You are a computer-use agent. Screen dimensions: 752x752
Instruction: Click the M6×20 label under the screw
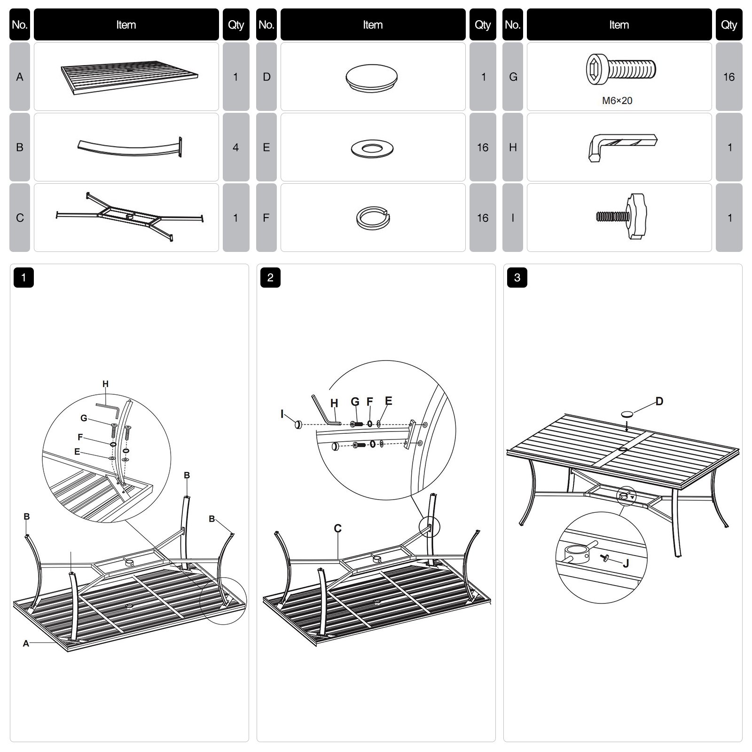click(617, 101)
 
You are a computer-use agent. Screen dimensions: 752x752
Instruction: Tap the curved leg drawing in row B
click(129, 147)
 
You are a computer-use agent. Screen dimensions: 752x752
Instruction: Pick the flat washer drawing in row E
click(372, 149)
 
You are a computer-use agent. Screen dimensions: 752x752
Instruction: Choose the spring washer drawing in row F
click(372, 218)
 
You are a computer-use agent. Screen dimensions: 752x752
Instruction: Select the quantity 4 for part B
click(235, 147)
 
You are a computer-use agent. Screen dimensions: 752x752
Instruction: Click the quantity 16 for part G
click(728, 77)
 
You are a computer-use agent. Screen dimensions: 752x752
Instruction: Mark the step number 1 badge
click(23, 278)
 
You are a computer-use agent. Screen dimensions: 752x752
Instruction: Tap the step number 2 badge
click(270, 278)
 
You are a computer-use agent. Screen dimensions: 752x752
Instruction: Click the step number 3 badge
click(517, 278)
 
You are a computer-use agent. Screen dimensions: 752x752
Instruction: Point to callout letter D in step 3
click(659, 401)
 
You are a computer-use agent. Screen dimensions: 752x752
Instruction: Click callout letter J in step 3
click(626, 564)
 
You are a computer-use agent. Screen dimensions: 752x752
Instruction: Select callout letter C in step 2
click(337, 529)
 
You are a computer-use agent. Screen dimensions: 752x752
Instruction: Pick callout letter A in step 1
click(26, 643)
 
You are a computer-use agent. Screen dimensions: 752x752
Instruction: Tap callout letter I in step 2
click(282, 414)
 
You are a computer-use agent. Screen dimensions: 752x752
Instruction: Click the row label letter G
click(513, 77)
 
